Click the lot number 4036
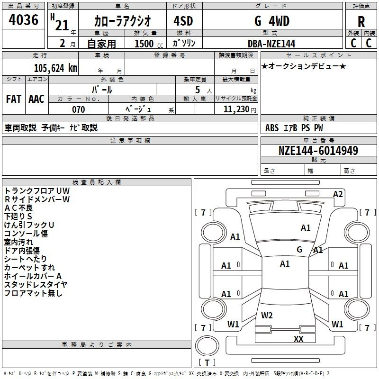23,19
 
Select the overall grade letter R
361,22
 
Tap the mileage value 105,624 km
55,68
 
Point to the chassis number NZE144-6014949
318,150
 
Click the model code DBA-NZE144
271,44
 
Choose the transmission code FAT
14,99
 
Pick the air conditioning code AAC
36,99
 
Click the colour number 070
79,109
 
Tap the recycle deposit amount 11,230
236,109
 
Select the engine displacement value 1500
144,44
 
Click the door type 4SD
183,21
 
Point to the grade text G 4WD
272,21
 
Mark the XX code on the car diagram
298,339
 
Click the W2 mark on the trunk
267,316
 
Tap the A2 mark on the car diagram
338,194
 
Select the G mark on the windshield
299,249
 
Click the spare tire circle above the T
207,346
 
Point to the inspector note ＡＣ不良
18,208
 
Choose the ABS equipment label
272,128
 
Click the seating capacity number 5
198,90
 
